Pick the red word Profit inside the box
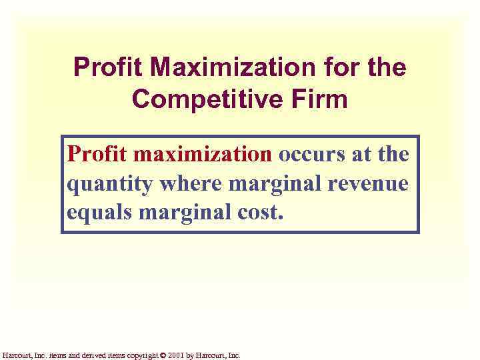pos(97,155)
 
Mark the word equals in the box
pos(97,213)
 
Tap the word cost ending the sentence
pos(261,213)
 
